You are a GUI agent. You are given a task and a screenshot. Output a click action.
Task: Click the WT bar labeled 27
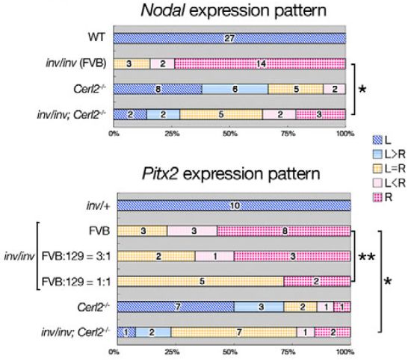click(229, 38)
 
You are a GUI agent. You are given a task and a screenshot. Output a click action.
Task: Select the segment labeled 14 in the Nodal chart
click(260, 63)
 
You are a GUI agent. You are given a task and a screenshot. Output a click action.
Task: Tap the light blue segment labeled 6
click(235, 89)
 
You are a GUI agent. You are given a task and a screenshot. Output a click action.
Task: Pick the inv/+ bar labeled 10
click(234, 205)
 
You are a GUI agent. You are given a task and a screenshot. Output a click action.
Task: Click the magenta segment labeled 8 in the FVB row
click(284, 231)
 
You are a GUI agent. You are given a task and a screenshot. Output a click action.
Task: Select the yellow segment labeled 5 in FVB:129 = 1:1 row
click(200, 282)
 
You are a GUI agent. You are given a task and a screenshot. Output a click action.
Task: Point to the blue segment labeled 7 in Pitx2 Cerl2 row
click(176, 307)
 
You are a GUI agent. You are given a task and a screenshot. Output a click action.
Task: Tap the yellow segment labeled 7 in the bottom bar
click(234, 332)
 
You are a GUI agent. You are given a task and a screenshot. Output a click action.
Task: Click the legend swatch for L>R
click(377, 155)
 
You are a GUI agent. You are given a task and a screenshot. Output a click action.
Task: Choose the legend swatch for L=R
click(377, 169)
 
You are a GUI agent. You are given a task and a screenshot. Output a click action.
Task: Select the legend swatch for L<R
click(377, 183)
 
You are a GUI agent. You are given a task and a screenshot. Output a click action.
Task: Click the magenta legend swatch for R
click(377, 197)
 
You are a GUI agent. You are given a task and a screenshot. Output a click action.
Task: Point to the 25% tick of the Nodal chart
click(172, 134)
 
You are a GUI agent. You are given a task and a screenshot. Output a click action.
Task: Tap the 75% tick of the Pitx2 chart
click(288, 352)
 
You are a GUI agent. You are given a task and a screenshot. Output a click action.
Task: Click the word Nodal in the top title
click(163, 10)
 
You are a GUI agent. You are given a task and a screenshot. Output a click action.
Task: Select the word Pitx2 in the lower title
click(160, 174)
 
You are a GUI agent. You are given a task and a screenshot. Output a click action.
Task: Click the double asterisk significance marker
click(366, 257)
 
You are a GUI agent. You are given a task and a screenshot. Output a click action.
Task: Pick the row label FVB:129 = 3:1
click(76, 256)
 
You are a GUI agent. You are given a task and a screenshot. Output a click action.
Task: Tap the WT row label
click(96, 37)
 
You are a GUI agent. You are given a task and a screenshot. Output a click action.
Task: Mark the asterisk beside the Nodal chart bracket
click(362, 90)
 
